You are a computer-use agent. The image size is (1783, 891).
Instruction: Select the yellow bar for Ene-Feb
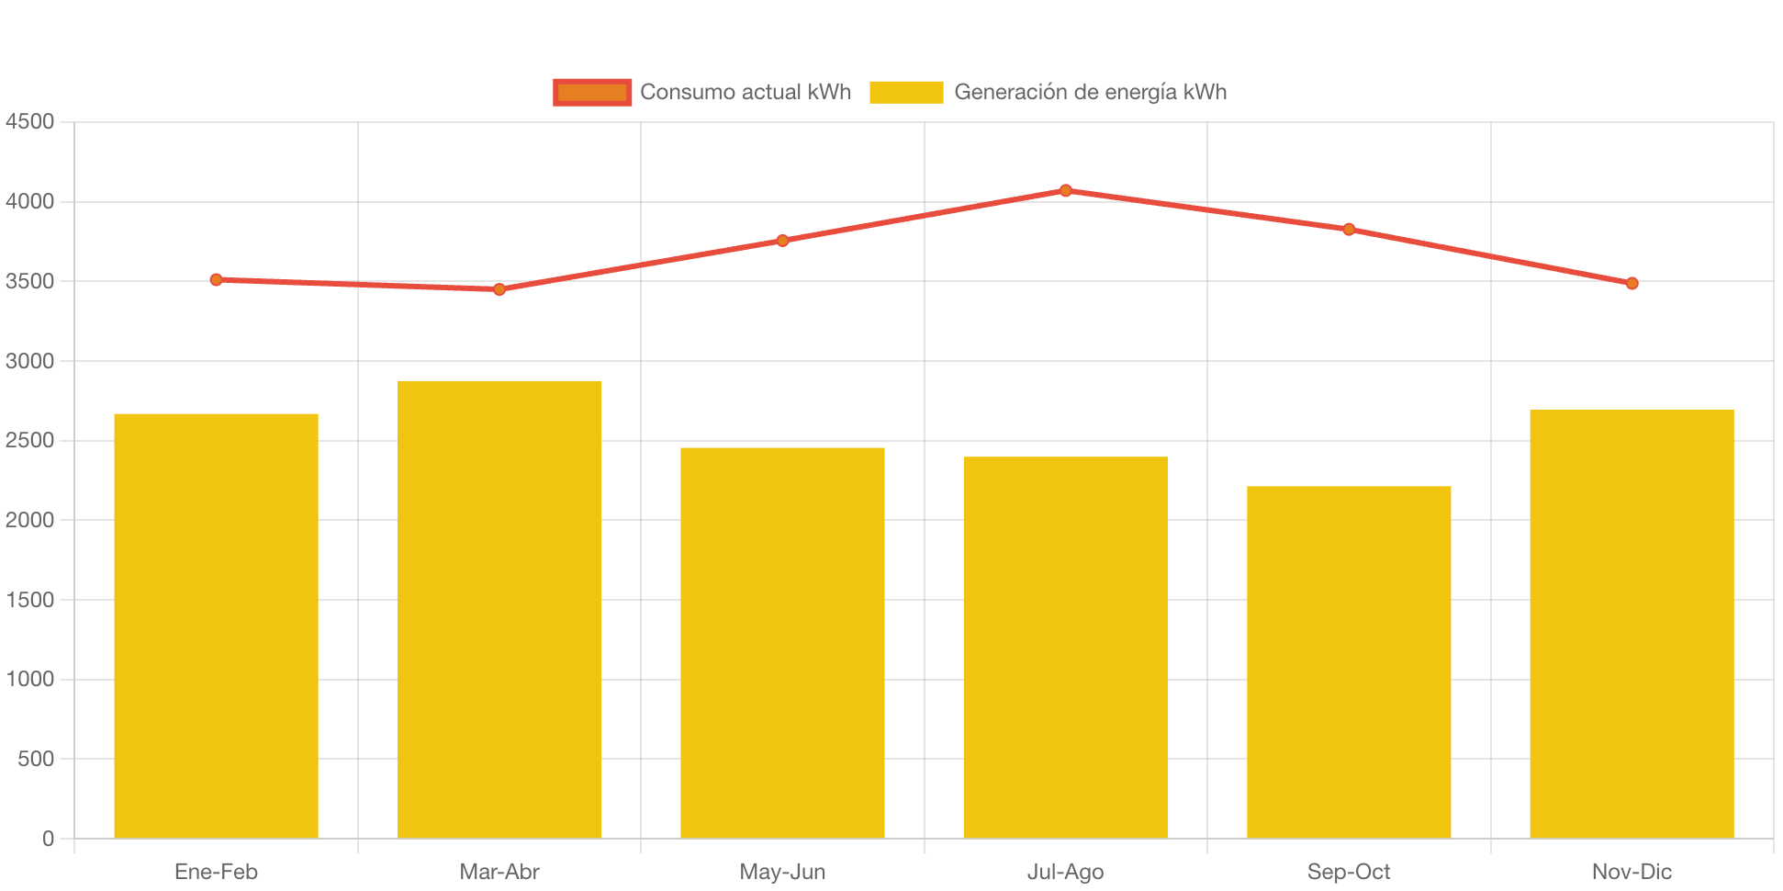216,625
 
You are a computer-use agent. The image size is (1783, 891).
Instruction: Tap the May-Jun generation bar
782,642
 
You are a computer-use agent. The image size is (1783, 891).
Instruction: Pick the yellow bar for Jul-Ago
1065,647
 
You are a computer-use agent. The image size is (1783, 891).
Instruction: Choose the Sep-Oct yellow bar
1349,661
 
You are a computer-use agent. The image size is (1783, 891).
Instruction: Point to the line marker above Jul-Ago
1065,191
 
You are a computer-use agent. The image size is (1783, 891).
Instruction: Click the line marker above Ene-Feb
216,279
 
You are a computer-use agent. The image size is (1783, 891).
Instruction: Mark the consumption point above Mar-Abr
499,289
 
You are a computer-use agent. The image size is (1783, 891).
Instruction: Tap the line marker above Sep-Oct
1349,230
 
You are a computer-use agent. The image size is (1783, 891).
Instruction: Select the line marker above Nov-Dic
1632,284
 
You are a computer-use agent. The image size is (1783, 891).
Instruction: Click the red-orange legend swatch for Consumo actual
592,92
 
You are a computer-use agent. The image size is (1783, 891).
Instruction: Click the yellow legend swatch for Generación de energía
906,92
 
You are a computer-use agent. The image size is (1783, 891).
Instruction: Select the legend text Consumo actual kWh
746,92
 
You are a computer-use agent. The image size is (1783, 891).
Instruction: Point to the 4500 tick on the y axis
30,121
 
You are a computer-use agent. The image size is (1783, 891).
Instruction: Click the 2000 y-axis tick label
30,520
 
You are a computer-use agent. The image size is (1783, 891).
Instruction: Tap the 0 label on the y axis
48,839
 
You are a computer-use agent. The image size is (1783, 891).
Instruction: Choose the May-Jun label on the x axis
782,872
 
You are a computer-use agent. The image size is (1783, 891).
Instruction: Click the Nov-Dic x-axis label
1632,872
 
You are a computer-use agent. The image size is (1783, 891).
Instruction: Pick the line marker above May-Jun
782,241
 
